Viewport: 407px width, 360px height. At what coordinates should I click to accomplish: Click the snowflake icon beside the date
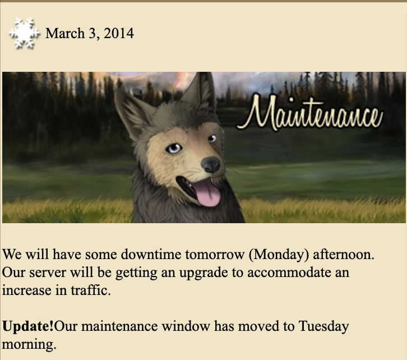tap(24, 33)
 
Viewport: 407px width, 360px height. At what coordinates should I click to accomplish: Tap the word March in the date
tap(65, 34)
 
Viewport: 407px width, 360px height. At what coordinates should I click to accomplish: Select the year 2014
tap(119, 34)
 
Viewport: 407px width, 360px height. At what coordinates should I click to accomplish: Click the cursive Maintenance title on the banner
tap(309, 113)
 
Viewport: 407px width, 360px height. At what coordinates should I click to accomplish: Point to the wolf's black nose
tap(211, 164)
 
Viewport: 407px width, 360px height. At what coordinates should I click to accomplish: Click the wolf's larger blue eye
tap(173, 149)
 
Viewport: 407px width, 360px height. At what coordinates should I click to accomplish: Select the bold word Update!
tap(28, 326)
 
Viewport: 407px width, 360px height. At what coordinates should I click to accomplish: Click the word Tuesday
tap(323, 326)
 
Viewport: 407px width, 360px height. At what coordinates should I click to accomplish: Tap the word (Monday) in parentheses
tap(279, 255)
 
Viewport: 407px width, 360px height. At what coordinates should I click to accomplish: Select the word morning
tap(29, 345)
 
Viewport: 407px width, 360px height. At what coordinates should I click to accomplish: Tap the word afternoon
tap(344, 254)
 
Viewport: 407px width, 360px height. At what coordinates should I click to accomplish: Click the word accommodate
tap(289, 273)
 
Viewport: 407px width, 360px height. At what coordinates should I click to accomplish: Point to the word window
tap(186, 326)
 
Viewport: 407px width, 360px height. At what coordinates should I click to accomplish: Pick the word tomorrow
tap(215, 255)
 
